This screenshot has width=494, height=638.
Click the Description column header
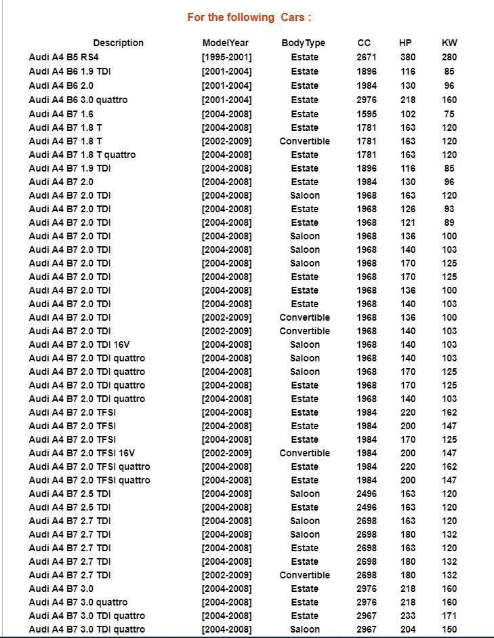point(118,43)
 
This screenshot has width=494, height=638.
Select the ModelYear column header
point(226,43)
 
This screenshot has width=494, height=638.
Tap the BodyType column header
point(304,43)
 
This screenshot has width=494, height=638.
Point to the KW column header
point(449,43)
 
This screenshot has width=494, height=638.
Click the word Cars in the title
point(292,17)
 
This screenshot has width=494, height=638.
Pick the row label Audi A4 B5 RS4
point(64,57)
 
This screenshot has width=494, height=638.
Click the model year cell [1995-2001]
point(226,57)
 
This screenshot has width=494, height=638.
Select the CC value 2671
point(366,57)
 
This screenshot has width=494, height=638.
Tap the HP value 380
point(407,57)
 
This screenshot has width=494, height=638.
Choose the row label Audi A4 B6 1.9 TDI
point(70,71)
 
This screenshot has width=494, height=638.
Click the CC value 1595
point(366,114)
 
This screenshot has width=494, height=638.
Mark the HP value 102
point(407,114)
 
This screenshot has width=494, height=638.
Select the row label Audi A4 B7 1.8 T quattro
point(82,155)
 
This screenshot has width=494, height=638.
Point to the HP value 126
point(407,209)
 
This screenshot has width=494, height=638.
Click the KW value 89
point(449,222)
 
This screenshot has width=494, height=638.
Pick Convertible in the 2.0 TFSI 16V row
point(304,453)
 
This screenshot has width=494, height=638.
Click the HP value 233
point(407,616)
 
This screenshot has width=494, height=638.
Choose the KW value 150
point(449,629)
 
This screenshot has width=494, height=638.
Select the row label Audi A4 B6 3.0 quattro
point(78,100)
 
